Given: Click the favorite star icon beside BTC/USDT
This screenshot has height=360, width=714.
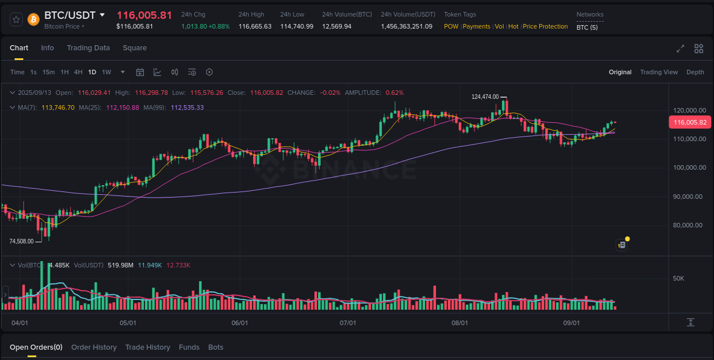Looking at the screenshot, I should (x=17, y=19).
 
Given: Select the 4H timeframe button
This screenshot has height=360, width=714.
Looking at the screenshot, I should (x=78, y=72).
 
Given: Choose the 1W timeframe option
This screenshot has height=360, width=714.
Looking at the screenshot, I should (x=106, y=72).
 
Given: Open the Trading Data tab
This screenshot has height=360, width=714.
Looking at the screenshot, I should (x=88, y=48).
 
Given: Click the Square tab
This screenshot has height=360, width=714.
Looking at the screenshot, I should (x=135, y=48).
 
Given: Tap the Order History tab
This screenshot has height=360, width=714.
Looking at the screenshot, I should (x=94, y=347).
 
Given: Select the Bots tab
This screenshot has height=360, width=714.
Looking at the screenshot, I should (x=216, y=347).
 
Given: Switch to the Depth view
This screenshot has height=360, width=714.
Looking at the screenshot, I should (x=695, y=72).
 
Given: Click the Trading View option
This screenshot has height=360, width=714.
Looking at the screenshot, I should (x=659, y=72).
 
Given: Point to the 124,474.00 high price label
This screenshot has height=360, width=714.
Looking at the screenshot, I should (x=485, y=97).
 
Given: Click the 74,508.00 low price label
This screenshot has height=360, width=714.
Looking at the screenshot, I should (x=21, y=241).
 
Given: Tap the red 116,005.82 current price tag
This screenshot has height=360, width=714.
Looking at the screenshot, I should (x=689, y=122).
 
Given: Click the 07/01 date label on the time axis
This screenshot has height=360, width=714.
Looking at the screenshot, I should (x=348, y=323).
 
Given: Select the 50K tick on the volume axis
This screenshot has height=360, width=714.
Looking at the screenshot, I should (x=679, y=278).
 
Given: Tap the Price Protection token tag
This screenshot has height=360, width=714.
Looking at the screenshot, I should (x=545, y=26).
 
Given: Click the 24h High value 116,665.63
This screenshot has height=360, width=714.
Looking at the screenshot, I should (x=255, y=26).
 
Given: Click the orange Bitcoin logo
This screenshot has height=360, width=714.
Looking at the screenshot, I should (x=33, y=19).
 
